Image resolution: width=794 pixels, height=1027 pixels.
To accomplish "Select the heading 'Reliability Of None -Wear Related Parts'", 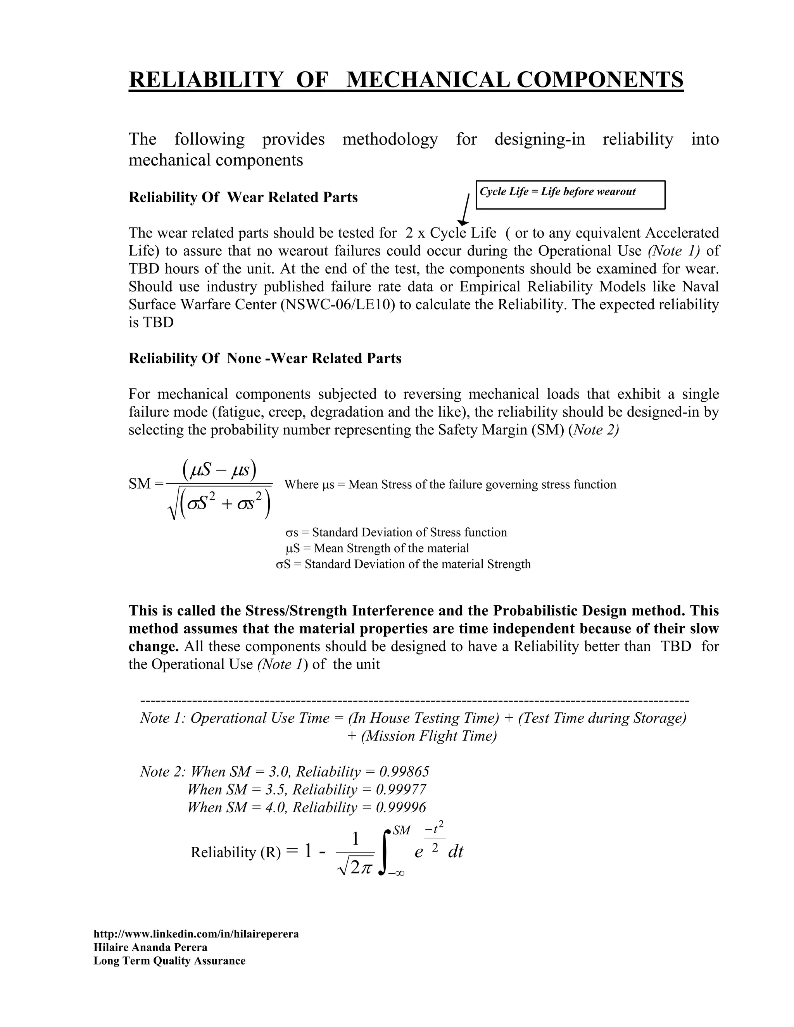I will [265, 358].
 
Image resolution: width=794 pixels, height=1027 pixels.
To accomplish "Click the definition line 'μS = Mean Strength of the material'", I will [377, 548].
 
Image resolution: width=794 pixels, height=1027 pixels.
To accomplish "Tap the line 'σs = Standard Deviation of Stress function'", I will [396, 532].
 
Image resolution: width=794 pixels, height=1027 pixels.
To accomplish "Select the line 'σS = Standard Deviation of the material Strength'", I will [403, 564].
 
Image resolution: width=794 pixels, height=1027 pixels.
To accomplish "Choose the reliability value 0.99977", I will [401, 789].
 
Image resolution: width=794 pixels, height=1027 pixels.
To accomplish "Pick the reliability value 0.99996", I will [401, 807].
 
